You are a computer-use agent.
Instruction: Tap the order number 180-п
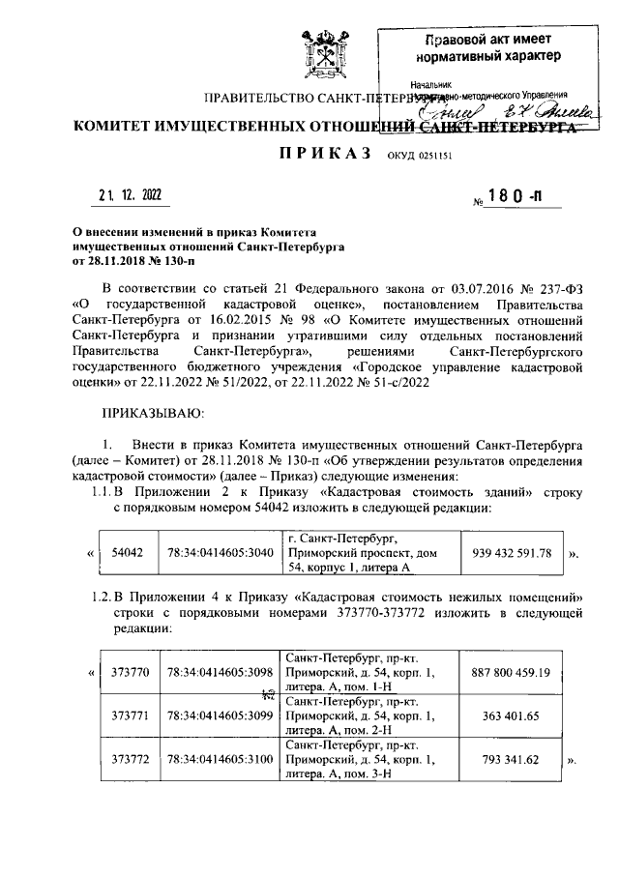point(510,197)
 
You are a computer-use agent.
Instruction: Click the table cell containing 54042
point(128,553)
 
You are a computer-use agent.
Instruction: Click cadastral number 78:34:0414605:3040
point(219,553)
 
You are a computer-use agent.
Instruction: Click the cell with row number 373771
point(128,716)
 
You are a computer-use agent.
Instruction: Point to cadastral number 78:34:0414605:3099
point(219,716)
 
